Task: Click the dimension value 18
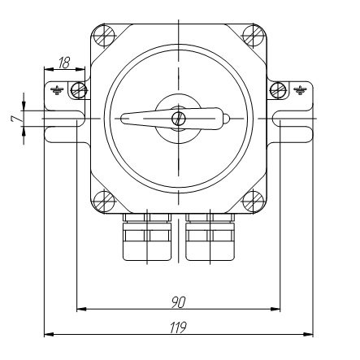click(x=64, y=63)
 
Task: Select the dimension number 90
click(x=179, y=302)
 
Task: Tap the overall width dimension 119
click(x=179, y=327)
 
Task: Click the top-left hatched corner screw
click(x=103, y=36)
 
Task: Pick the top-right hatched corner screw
click(x=254, y=36)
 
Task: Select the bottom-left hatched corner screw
click(x=103, y=202)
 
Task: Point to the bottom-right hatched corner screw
click(x=254, y=202)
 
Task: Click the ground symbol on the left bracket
click(x=57, y=90)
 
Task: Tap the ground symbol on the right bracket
click(x=300, y=90)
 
